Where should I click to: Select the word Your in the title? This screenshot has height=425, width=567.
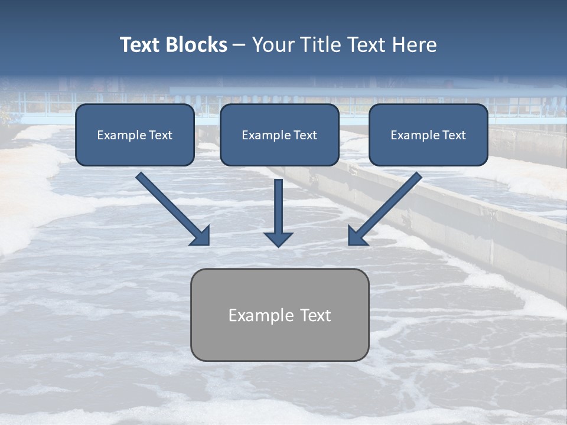tap(271, 45)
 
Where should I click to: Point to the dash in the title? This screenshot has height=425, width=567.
tap(239, 45)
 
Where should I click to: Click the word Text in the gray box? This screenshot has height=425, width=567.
tap(317, 315)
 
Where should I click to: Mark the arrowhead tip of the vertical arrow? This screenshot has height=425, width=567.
tap(278, 246)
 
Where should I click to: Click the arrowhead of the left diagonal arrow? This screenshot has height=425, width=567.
tap(203, 237)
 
